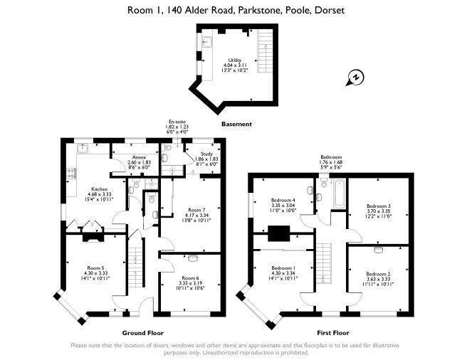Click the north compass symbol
pyautogui.click(x=355, y=78)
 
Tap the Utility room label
pyautogui.click(x=235, y=60)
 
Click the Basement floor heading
pyautogui.click(x=236, y=125)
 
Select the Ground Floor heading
pyautogui.click(x=143, y=333)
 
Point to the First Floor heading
pyautogui.click(x=333, y=333)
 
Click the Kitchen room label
pyautogui.click(x=99, y=189)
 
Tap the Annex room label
pyautogui.click(x=139, y=157)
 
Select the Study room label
pyautogui.click(x=206, y=154)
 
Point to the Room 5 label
pyautogui.click(x=95, y=268)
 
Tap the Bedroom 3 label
pyautogui.click(x=379, y=206)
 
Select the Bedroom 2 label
pyautogui.click(x=378, y=274)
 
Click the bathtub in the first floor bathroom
pyautogui.click(x=340, y=194)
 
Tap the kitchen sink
pyautogui.click(x=82, y=148)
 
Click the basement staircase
pyautogui.click(x=265, y=51)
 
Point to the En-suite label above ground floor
pyautogui.click(x=177, y=122)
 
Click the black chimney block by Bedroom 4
pyautogui.click(x=279, y=233)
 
